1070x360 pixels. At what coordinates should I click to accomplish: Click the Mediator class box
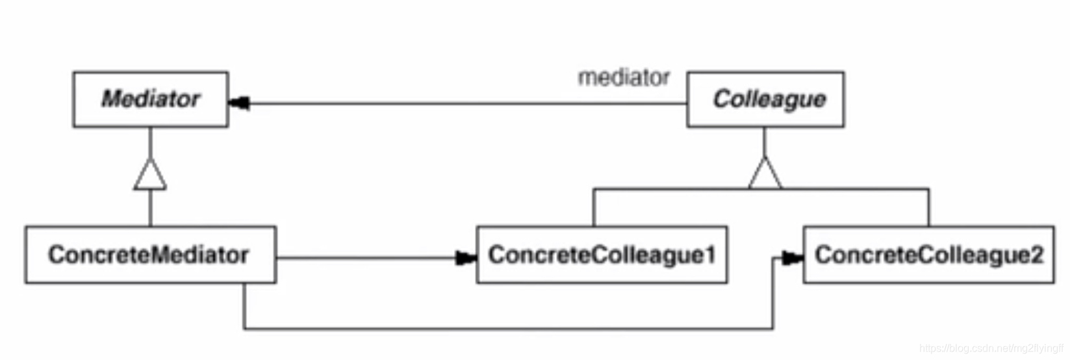[150, 99]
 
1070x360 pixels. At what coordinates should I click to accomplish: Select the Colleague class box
[765, 99]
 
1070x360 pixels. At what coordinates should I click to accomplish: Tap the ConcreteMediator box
[150, 255]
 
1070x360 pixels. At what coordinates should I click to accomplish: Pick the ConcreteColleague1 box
[602, 255]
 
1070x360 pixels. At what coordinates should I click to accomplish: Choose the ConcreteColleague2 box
[928, 255]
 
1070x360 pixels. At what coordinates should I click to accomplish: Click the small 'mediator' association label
[623, 78]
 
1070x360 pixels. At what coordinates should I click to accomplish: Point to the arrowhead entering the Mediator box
[239, 103]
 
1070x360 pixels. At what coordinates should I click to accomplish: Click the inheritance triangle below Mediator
[150, 174]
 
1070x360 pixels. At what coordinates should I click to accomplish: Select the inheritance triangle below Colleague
[765, 174]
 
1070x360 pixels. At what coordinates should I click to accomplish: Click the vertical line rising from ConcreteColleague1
[593, 208]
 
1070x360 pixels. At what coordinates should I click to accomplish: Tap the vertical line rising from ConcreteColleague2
[928, 208]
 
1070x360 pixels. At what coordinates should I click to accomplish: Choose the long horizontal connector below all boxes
[507, 329]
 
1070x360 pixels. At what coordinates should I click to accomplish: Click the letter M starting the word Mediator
[111, 99]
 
